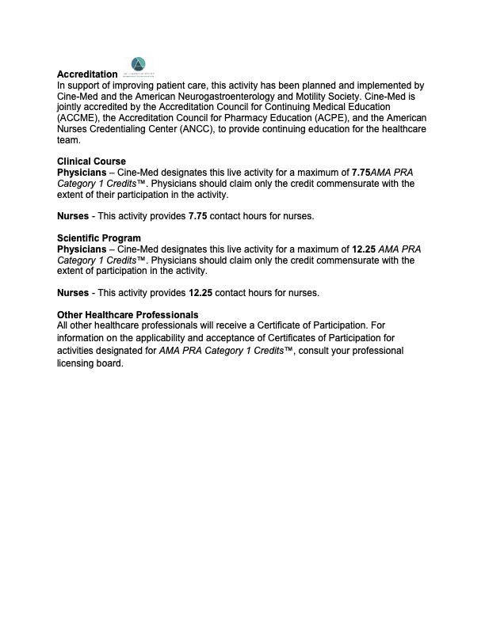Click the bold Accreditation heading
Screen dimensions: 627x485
coord(87,74)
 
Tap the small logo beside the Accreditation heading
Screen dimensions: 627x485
coord(139,66)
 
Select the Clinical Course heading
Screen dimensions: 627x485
coord(91,161)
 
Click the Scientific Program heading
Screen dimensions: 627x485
coord(99,238)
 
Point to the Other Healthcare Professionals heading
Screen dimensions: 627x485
coord(128,315)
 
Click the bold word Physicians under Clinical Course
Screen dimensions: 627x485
coord(81,172)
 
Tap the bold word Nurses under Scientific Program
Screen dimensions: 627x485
coord(73,293)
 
